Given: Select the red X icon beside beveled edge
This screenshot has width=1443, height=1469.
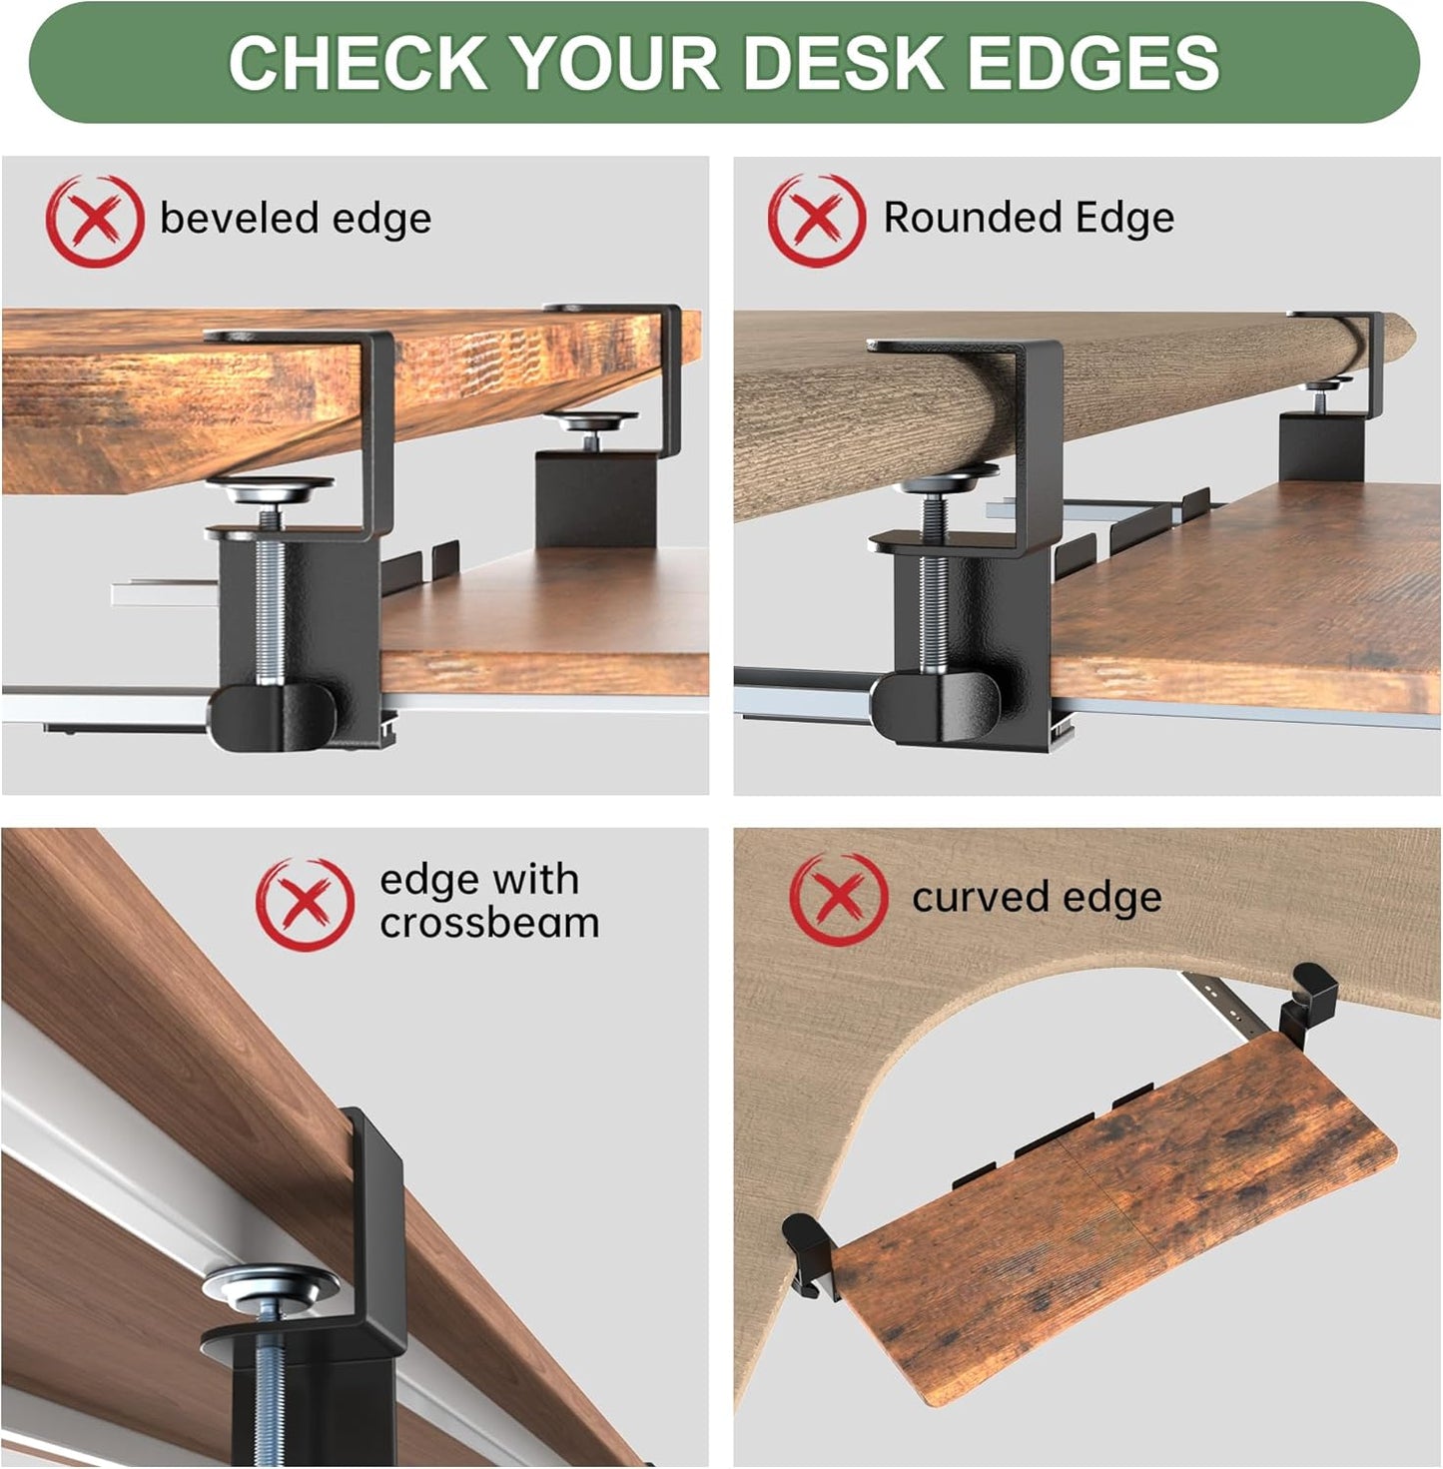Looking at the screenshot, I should (x=94, y=221).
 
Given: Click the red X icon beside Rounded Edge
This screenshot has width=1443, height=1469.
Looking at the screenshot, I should (x=816, y=220).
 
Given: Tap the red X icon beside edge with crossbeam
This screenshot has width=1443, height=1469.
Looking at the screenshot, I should (x=305, y=903).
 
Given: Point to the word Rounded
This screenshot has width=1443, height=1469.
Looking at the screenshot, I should (x=958, y=218).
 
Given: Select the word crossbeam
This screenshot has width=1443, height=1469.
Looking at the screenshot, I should (x=489, y=923).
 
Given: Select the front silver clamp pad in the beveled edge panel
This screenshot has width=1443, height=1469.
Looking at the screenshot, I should (x=270, y=489).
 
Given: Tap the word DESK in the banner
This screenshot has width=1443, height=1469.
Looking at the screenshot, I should (x=845, y=63).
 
